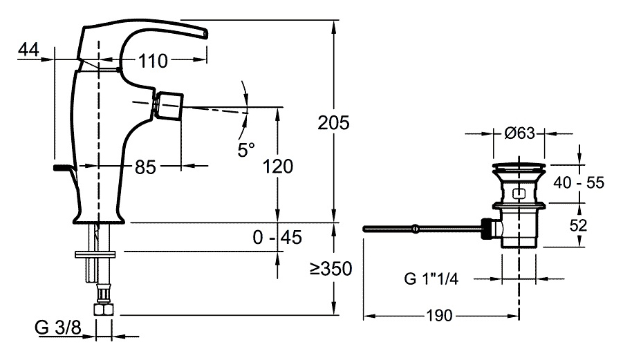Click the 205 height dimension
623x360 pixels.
pos(333,122)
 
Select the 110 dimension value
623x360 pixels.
pos(152,61)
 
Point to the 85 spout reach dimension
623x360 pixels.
pos(145,167)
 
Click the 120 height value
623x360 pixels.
pos(278,167)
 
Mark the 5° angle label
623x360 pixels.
pos(246,149)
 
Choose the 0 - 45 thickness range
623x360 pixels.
pos(278,238)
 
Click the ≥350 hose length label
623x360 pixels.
pos(331,269)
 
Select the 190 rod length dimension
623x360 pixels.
pos(440,316)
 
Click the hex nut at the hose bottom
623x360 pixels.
pos(104,308)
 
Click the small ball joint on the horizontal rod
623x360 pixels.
pos(414,228)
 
